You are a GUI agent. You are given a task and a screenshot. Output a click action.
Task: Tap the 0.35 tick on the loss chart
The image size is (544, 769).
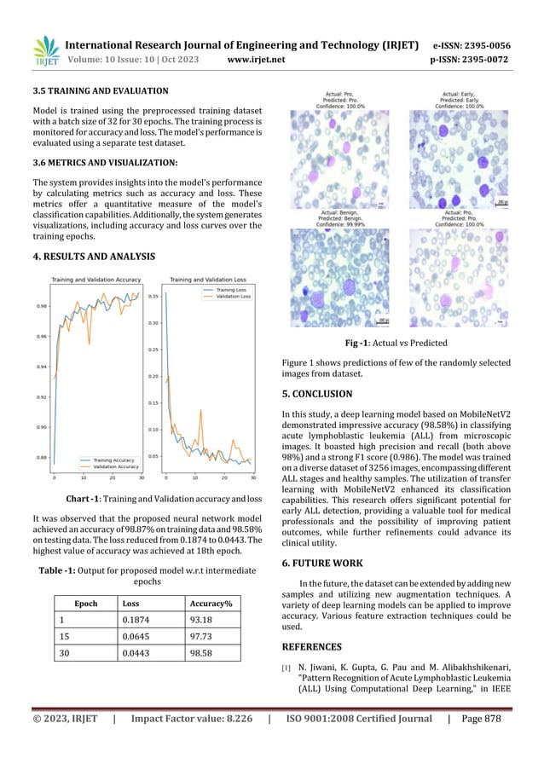153,297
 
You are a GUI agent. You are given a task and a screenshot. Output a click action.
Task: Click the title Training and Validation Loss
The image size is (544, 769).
211,280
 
